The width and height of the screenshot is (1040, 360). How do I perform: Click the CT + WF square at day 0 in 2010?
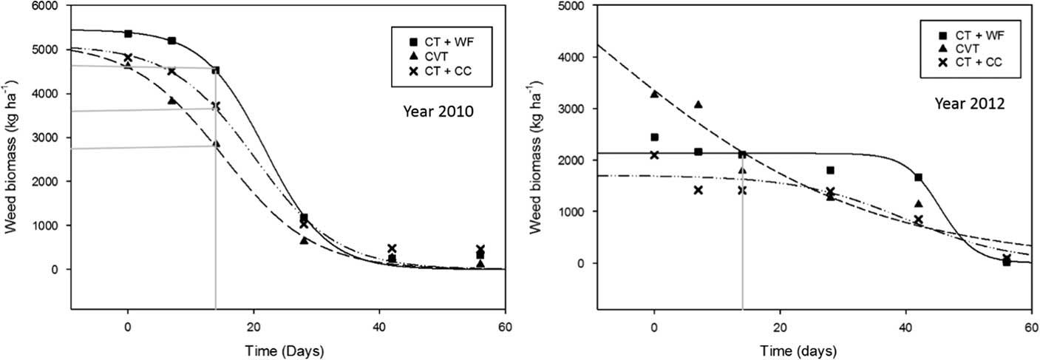pyautogui.click(x=128, y=33)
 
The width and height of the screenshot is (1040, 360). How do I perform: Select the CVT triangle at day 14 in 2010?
pyautogui.click(x=215, y=144)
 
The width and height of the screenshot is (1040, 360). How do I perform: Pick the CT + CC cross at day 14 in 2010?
pyautogui.click(x=215, y=106)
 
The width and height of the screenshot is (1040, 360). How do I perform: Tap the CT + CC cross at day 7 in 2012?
pyautogui.click(x=698, y=190)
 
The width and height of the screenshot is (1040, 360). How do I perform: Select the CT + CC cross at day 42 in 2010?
pyautogui.click(x=392, y=249)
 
